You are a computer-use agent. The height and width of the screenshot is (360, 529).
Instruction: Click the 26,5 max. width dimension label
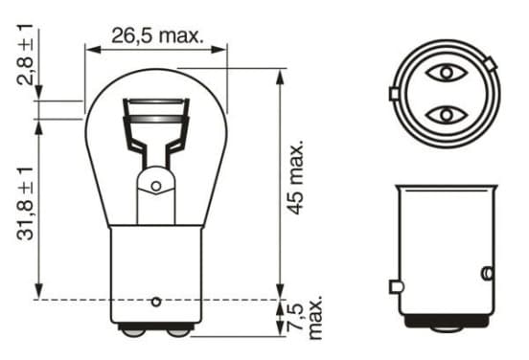pyautogui.click(x=157, y=35)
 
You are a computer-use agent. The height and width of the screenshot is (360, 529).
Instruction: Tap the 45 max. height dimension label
pyautogui.click(x=296, y=177)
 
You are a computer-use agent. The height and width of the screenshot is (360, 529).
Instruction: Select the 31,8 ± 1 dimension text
pyautogui.click(x=25, y=204)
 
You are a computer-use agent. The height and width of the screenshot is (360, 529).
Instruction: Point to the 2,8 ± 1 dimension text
pyautogui.click(x=25, y=55)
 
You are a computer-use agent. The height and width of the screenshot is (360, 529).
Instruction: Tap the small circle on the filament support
pyautogui.click(x=156, y=186)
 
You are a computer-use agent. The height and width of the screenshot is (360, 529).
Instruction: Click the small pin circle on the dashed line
pyautogui.click(x=156, y=302)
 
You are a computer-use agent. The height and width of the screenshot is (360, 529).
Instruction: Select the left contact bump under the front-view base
pyautogui.click(x=133, y=332)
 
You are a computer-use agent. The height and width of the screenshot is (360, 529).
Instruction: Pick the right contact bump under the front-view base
pyautogui.click(x=179, y=332)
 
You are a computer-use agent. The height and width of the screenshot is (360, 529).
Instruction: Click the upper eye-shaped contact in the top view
pyautogui.click(x=447, y=73)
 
